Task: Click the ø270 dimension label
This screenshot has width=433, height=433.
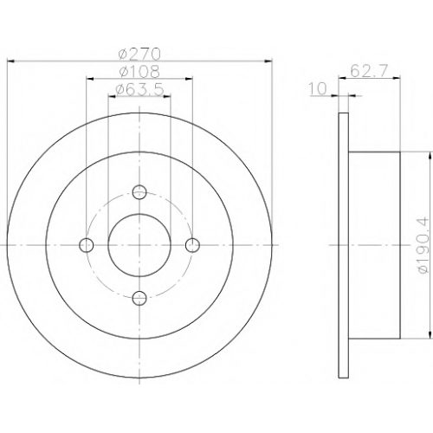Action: tap(139, 54)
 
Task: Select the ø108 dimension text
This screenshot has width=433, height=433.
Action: tap(139, 72)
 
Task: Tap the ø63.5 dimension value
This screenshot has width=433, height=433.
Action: tap(139, 89)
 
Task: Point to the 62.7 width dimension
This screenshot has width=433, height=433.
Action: tap(368, 71)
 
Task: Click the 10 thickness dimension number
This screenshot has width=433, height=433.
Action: tap(318, 88)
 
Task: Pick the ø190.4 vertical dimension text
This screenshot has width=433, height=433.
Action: tap(421, 245)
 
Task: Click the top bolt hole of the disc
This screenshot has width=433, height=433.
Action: tap(139, 192)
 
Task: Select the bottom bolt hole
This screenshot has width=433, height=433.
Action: tap(139, 298)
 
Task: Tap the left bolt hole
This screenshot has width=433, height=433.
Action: tap(87, 245)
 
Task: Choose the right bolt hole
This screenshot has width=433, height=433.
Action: tap(192, 245)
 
